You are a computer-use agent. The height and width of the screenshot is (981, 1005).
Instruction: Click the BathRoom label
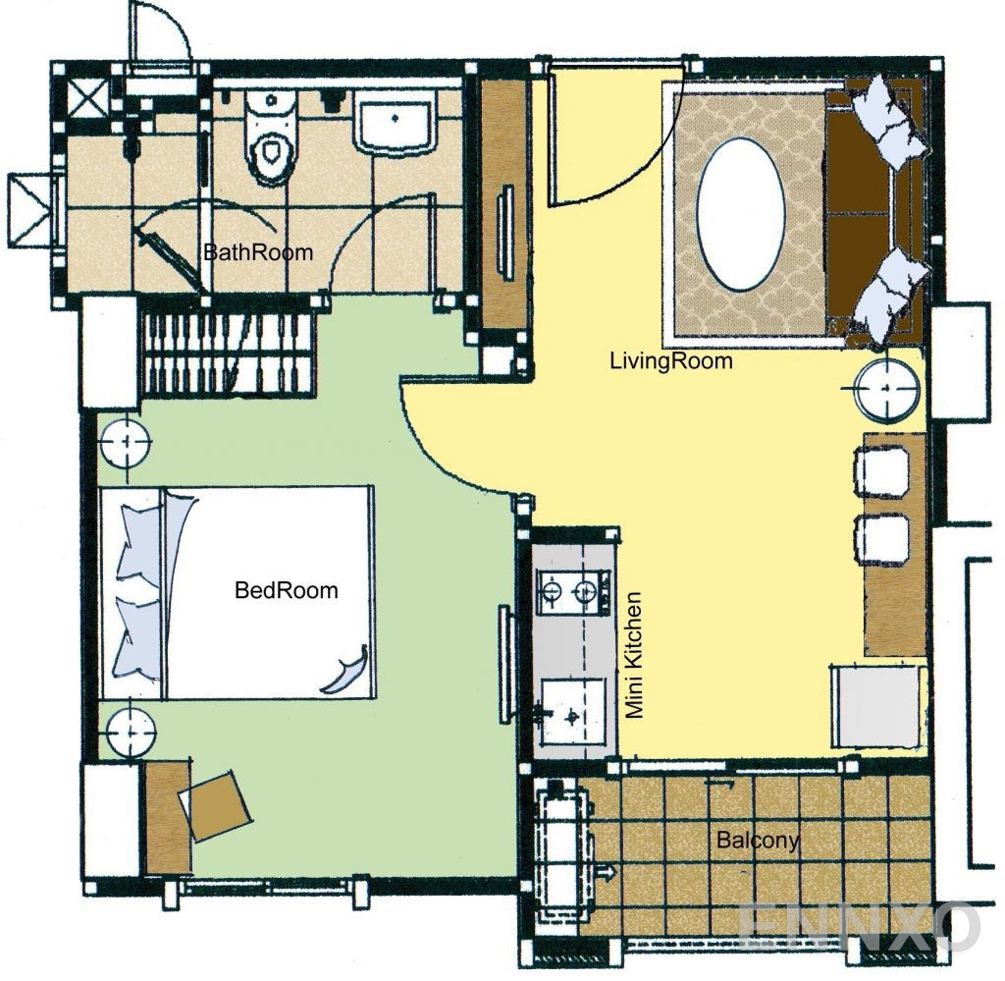point(258,252)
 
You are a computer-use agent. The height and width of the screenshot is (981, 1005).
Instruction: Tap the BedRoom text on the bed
point(287,590)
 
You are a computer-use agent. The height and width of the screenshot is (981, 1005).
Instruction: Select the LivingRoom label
point(671,361)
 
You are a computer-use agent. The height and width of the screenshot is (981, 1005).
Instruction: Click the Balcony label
point(758,840)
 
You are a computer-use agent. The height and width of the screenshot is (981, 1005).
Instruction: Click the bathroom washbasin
point(395,122)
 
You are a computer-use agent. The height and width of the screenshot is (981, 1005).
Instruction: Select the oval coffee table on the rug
point(740,215)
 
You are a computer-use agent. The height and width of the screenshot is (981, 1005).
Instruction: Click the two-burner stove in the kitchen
point(570,592)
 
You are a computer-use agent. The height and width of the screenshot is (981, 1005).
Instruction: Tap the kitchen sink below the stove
point(572,712)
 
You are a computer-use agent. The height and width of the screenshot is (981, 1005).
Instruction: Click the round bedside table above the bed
point(126,442)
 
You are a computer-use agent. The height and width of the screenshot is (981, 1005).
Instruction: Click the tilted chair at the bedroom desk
point(215,804)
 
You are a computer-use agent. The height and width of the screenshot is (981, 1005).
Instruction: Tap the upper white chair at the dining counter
point(882,472)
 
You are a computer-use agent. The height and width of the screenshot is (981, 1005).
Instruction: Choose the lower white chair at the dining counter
point(882,539)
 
